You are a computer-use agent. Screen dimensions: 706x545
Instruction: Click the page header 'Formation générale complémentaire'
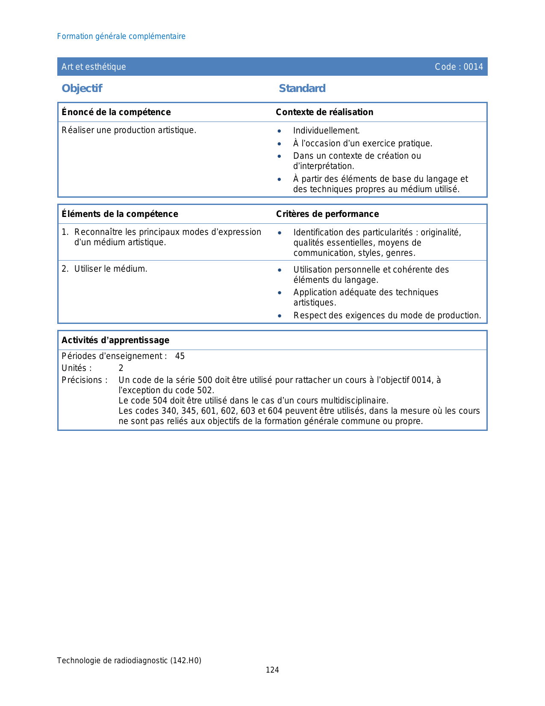[121, 36]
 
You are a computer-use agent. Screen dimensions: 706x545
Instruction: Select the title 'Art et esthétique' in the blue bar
[94, 67]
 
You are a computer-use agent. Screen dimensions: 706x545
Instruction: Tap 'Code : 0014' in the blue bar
[459, 67]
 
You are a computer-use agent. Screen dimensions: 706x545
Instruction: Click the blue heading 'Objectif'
[82, 88]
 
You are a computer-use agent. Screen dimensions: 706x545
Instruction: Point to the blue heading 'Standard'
[302, 88]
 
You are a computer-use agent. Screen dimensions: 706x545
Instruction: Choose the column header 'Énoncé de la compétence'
[116, 112]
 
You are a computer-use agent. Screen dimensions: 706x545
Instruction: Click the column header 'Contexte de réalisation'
[324, 112]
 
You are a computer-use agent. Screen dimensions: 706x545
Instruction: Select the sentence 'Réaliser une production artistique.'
[129, 130]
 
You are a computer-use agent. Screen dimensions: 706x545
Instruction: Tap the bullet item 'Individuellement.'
[327, 131]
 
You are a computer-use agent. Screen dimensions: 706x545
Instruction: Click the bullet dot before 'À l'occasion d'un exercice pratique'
[279, 144]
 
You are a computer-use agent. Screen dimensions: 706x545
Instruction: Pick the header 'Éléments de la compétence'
[120, 214]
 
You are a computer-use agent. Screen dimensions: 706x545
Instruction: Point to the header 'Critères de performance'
[327, 214]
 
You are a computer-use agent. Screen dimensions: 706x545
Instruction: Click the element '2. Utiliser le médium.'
[105, 269]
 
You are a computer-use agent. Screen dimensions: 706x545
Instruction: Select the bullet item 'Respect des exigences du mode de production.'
[387, 315]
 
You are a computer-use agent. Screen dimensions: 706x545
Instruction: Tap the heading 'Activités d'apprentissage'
[115, 340]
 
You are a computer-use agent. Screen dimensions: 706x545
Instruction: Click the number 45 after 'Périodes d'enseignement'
[180, 356]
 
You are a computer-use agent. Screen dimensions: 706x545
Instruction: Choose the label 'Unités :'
[77, 368]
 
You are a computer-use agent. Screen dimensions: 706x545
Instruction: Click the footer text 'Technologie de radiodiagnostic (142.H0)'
[129, 660]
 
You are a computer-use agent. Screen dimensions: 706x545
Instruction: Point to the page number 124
[272, 670]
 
